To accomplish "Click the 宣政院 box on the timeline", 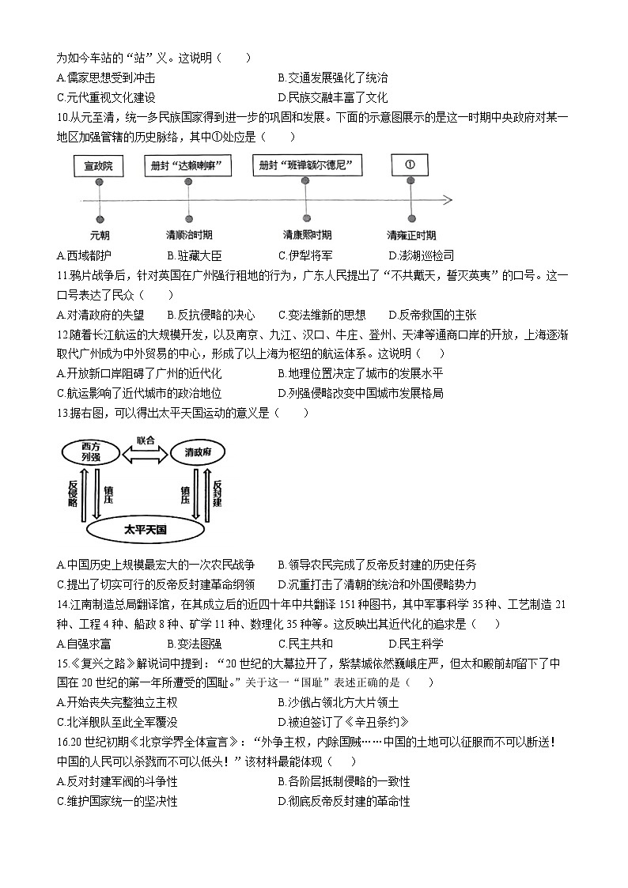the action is pyautogui.click(x=99, y=166).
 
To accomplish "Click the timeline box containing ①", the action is pyautogui.click(x=410, y=166).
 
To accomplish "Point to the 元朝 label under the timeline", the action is pyautogui.click(x=100, y=235).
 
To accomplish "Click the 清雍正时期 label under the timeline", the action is pyautogui.click(x=410, y=235).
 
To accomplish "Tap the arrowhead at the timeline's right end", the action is pyautogui.click(x=447, y=198).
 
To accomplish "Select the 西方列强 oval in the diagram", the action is pyautogui.click(x=89, y=453).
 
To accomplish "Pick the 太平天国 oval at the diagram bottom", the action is pyautogui.click(x=146, y=529).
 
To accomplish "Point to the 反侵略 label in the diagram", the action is pyautogui.click(x=73, y=492).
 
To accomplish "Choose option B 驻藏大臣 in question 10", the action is pyautogui.click(x=193, y=255).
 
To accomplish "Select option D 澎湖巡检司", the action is pyautogui.click(x=421, y=255).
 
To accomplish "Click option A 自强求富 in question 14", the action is pyautogui.click(x=83, y=644).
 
